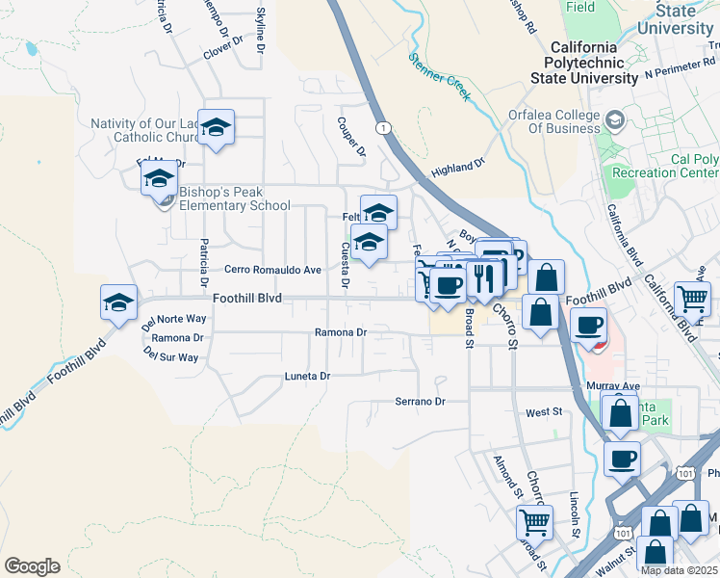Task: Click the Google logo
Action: (x=32, y=566)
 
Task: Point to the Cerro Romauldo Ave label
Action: (x=273, y=270)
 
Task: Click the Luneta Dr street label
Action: (x=307, y=376)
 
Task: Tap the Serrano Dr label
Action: (x=421, y=401)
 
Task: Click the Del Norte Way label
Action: (x=174, y=319)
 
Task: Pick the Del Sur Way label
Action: (x=170, y=356)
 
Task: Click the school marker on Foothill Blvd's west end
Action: (x=118, y=302)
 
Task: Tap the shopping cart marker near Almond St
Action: (x=534, y=522)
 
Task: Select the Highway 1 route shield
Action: (x=384, y=127)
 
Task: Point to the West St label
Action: (x=544, y=412)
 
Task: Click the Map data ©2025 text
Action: (x=680, y=570)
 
